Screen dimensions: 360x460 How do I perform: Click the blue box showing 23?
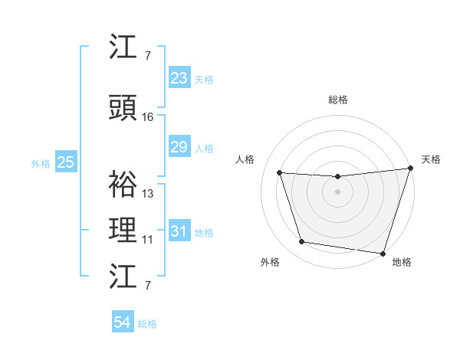pyautogui.click(x=179, y=78)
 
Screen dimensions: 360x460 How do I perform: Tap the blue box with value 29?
pyautogui.click(x=179, y=147)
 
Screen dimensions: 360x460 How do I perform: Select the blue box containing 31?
pyautogui.click(x=179, y=231)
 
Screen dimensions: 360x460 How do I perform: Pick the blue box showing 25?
pyautogui.click(x=65, y=162)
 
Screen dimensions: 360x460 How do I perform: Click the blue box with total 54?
pyautogui.click(x=123, y=322)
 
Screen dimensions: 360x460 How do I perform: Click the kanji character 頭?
pyautogui.click(x=123, y=110)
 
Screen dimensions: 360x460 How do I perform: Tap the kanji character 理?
pyautogui.click(x=123, y=231)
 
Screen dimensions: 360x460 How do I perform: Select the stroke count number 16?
pyautogui.click(x=148, y=117)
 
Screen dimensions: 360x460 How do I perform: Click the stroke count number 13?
pyautogui.click(x=148, y=194)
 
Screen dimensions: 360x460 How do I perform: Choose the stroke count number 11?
pyautogui.click(x=148, y=240)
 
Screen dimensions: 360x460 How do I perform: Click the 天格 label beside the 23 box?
pyautogui.click(x=204, y=79)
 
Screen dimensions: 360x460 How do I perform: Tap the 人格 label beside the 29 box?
pyautogui.click(x=204, y=148)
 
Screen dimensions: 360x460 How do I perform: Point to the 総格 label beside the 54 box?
pyautogui.click(x=147, y=324)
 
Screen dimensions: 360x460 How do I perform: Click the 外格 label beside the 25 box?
pyautogui.click(x=41, y=163)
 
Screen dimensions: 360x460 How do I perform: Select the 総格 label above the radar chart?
pyautogui.click(x=337, y=100)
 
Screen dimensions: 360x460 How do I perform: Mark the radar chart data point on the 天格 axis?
pyautogui.click(x=410, y=169)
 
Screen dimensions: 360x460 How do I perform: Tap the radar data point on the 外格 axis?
pyautogui.click(x=302, y=242)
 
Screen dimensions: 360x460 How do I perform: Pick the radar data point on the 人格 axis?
pyautogui.click(x=280, y=173)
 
